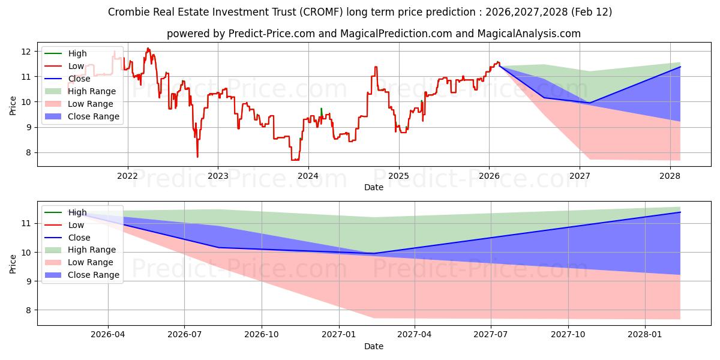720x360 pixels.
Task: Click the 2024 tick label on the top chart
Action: pos(308,176)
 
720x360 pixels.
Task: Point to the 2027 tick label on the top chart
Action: pos(580,176)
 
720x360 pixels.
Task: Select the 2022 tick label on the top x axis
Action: pos(127,176)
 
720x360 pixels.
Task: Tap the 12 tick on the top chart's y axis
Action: pos(25,52)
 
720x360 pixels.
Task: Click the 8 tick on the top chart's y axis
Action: pos(28,152)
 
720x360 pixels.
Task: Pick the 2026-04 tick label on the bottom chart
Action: pos(107,335)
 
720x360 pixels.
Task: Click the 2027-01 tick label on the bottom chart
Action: pos(340,335)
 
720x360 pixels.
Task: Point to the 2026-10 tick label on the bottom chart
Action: pos(262,335)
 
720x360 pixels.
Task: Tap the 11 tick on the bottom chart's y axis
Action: pos(25,223)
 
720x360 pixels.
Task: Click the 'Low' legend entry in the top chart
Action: pos(77,66)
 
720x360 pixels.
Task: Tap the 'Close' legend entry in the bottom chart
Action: pos(79,238)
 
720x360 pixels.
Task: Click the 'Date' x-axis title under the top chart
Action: pos(373,187)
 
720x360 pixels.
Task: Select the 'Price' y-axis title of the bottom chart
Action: pos(13,263)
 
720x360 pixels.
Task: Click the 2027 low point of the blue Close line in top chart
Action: pos(589,103)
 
